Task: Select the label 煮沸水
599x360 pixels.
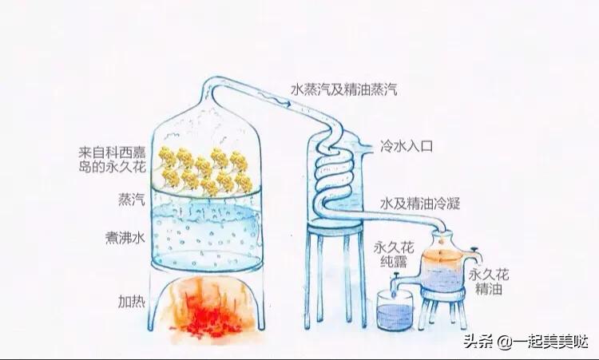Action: tap(125, 237)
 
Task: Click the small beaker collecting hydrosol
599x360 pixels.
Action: tap(395, 311)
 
